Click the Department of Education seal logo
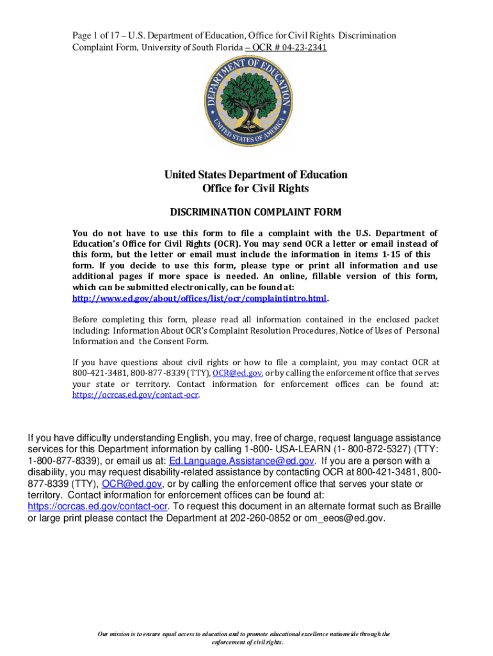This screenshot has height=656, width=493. coord(247,103)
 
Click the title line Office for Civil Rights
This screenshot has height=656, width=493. coord(255,188)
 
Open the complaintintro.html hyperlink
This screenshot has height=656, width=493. coord(198,299)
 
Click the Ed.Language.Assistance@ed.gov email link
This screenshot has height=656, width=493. coord(241,461)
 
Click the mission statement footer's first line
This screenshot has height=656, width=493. coord(243,634)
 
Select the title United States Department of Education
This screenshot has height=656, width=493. coord(255,174)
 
